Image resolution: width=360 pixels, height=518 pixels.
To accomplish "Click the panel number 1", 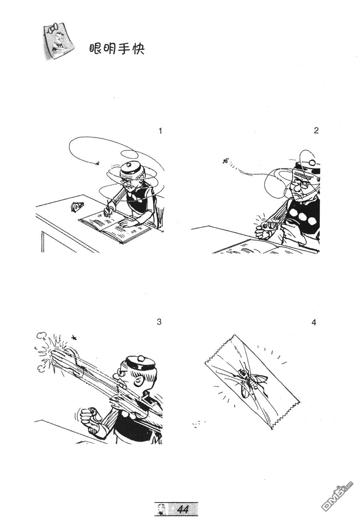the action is pos(160,131).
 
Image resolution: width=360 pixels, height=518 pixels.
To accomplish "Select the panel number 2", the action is pos(316,131).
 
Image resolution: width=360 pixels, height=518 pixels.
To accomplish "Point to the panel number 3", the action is pos(159,322).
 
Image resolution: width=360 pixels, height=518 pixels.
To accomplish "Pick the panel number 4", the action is pos(314,323).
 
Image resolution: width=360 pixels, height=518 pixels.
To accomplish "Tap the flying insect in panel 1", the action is pos(98,163).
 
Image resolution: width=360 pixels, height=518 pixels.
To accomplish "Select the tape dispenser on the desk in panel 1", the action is pos(76,206).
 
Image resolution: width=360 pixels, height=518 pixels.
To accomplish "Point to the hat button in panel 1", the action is pos(128,165).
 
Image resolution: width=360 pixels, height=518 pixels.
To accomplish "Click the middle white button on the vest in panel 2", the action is pos(302,217).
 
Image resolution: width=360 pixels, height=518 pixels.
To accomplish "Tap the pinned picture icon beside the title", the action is pos(58,42).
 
